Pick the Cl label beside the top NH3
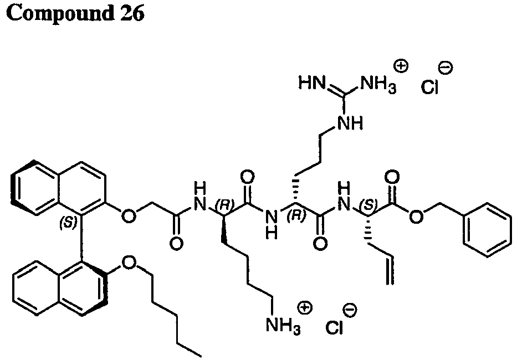pos(429,87)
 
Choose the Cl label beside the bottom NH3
pos(334,327)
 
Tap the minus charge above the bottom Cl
pos(350,310)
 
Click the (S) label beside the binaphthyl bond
pos(68,223)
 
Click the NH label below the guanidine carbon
pos(350,124)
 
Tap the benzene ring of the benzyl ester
pos(487,230)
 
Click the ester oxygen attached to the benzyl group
pos(416,217)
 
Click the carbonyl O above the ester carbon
pos(392,178)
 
